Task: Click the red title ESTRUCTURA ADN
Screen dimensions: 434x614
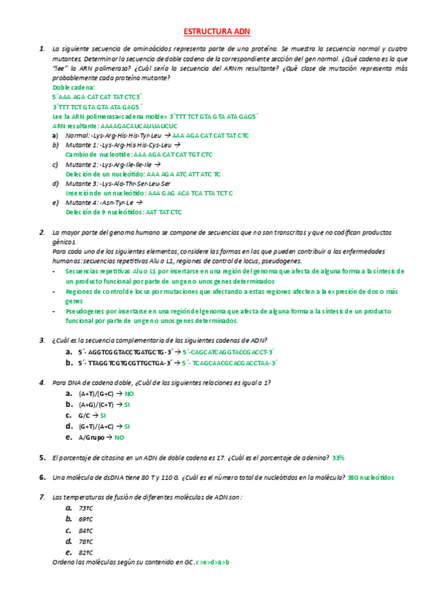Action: pyautogui.click(x=217, y=32)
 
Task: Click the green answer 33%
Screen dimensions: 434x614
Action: pyautogui.click(x=338, y=458)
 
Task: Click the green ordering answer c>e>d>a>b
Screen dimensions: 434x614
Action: pyautogui.click(x=212, y=562)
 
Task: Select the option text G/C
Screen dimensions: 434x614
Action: pyautogui.click(x=84, y=416)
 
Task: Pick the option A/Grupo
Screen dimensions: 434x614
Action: pyautogui.click(x=91, y=437)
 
